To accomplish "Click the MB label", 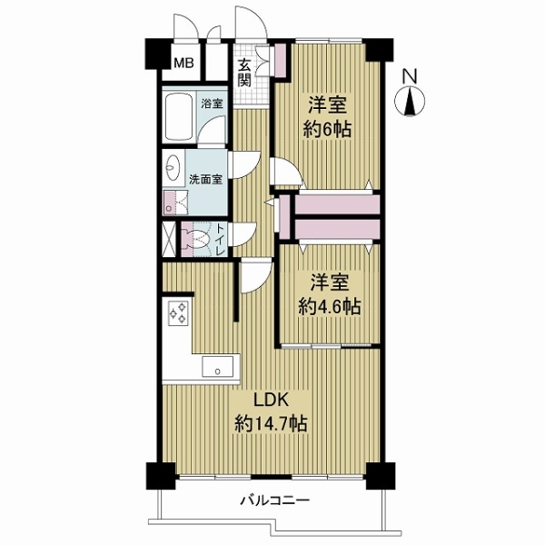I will [183, 63].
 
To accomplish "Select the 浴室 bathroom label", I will [212, 104].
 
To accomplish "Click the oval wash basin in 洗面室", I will [173, 169].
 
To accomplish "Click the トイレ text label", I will [219, 238].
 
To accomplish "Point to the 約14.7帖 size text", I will [271, 423].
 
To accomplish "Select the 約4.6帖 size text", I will [330, 306].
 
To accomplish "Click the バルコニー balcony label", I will [275, 500].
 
